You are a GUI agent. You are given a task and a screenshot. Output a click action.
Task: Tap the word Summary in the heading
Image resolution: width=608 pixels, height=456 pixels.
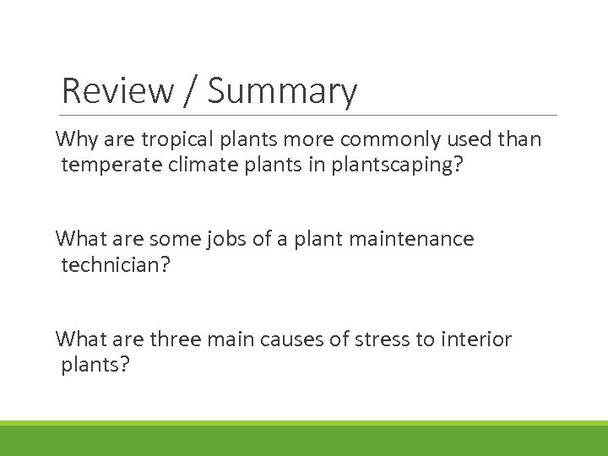point(282,92)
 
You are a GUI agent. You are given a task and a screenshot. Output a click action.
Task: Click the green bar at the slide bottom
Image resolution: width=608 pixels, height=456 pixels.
point(304,440)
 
